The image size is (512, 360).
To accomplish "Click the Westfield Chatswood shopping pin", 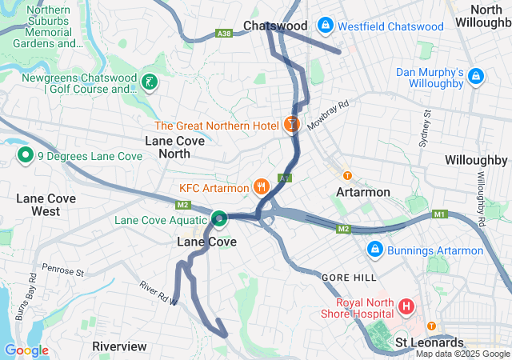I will tap(325, 26).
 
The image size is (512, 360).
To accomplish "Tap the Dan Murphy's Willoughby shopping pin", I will tap(476, 77).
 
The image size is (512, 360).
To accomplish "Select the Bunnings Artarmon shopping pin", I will tap(374, 250).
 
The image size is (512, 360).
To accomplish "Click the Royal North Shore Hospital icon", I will tap(406, 306).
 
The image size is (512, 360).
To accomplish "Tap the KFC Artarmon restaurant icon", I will tap(260, 188).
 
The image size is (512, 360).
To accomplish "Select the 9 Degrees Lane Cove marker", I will tap(25, 156).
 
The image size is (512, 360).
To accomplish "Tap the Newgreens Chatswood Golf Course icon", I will tap(148, 82).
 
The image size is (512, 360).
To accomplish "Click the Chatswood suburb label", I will tap(275, 26).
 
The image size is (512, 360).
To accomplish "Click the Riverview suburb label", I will tap(119, 346).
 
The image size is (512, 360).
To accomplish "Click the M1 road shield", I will tap(438, 214).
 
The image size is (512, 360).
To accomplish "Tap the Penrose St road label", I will tap(63, 270).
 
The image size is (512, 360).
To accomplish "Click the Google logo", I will tap(26, 350).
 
